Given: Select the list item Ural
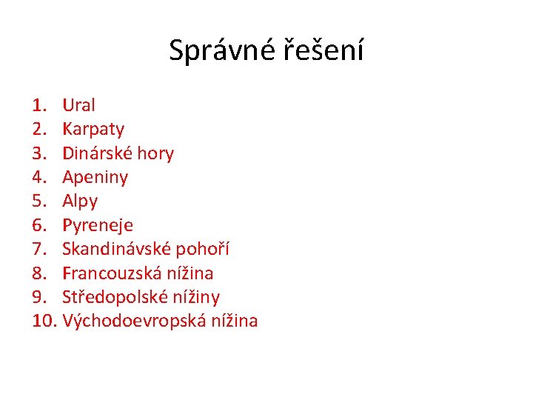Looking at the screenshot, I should click(x=78, y=105).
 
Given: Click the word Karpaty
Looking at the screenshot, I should click(x=93, y=130).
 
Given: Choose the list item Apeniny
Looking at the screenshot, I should click(x=95, y=177).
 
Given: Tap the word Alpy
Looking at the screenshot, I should click(x=80, y=201).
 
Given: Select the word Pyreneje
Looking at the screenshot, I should click(x=98, y=225).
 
